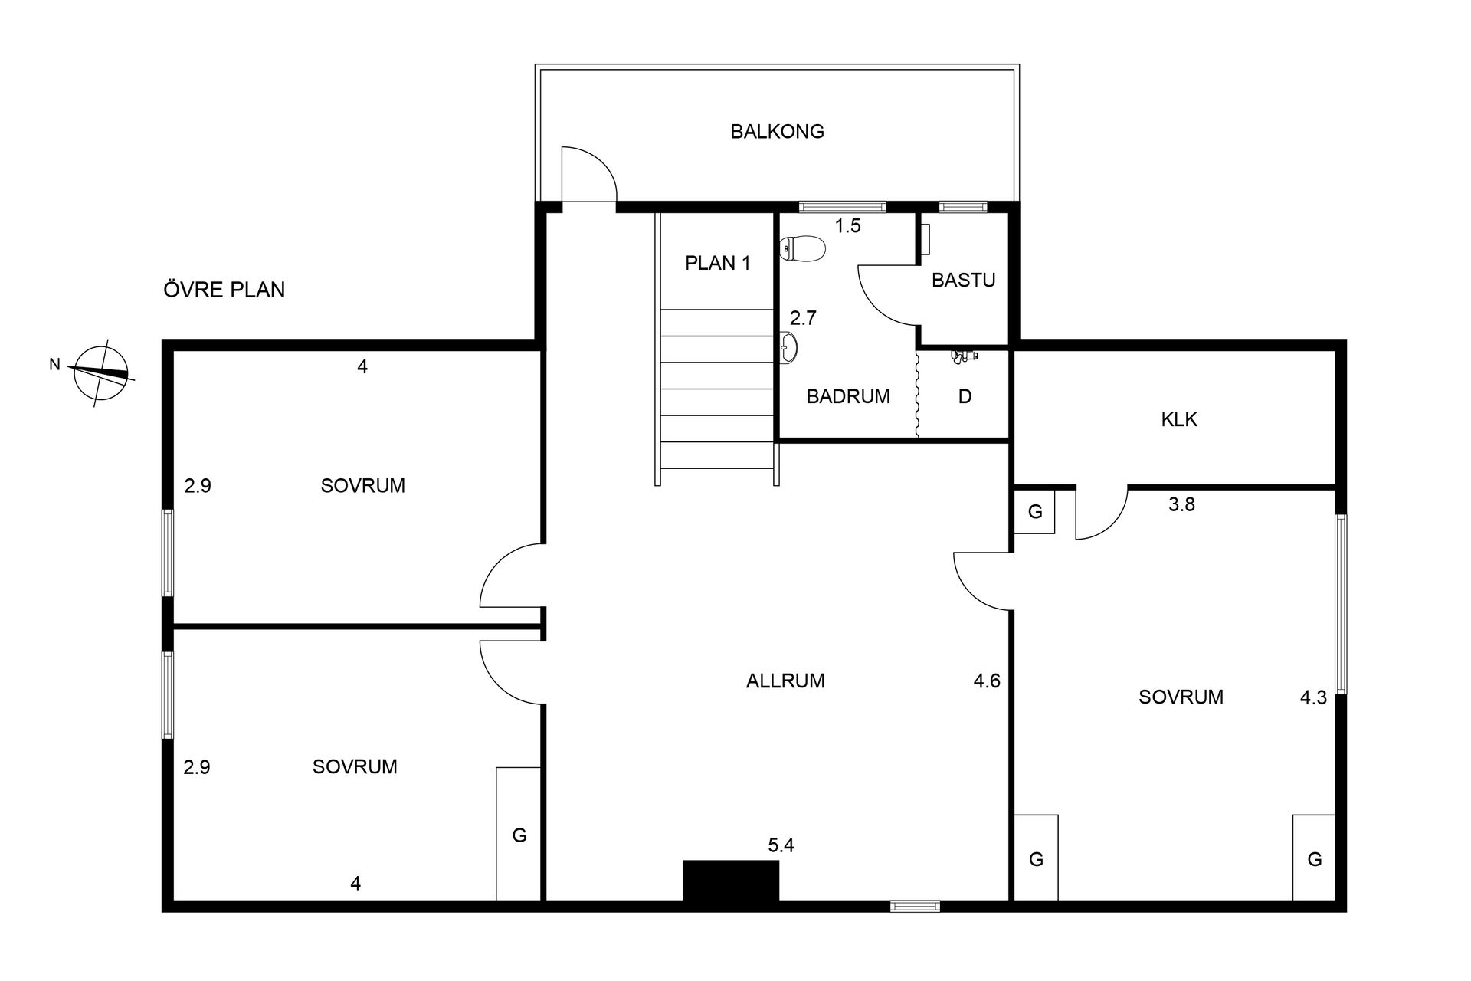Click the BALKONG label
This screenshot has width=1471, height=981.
tap(777, 132)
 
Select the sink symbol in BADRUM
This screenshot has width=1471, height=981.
tap(789, 346)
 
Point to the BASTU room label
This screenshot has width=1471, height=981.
tap(963, 281)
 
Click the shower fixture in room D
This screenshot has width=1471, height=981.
tap(964, 356)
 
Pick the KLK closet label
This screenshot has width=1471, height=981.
tap(1179, 420)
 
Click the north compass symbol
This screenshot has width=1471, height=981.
tap(100, 372)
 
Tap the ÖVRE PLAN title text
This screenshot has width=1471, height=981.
tap(224, 290)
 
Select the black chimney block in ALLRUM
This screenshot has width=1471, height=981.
tap(731, 880)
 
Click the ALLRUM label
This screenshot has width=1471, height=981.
tap(785, 681)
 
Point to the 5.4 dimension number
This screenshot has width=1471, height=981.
tap(781, 846)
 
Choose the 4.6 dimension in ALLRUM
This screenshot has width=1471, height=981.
tap(987, 681)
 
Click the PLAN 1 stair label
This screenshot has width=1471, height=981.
tap(718, 264)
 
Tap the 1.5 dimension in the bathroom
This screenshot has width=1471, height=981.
tap(848, 226)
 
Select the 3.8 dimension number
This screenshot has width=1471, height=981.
tap(1181, 504)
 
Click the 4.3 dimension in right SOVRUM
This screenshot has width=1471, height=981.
tap(1313, 698)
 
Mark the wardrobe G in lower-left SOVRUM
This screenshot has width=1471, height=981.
tap(519, 834)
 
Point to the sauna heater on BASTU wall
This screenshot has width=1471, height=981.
tap(925, 239)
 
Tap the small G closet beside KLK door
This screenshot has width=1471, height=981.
tap(1035, 512)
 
